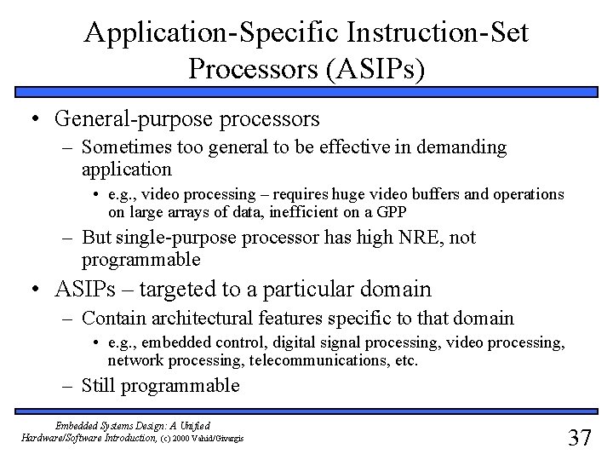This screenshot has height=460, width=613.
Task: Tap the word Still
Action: coord(100,385)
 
